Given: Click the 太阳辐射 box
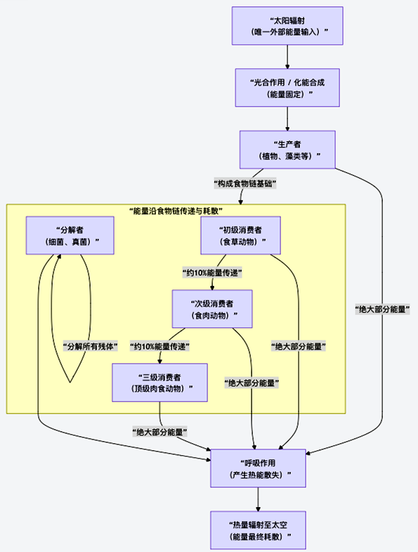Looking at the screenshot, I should point(288,26).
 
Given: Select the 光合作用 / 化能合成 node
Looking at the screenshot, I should point(288,87).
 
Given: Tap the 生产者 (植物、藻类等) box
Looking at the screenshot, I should point(288,149).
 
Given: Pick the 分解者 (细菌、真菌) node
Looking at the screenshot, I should point(70,235).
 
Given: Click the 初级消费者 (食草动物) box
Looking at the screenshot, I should point(241,235).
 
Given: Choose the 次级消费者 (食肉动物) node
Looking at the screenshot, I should point(212,309).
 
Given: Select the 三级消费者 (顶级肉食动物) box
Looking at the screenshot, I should point(160,382).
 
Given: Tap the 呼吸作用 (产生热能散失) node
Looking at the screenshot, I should point(259,468).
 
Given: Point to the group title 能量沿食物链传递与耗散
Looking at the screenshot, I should point(176,211).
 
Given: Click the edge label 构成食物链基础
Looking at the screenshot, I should point(244,183).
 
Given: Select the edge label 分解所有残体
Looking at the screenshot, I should point(90,346).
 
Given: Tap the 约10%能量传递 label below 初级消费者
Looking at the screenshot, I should point(212,272).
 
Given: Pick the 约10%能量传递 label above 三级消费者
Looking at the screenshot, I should point(160,346).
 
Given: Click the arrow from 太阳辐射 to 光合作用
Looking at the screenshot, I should point(288,57).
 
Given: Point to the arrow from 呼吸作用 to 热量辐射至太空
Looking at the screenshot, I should point(259,499).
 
